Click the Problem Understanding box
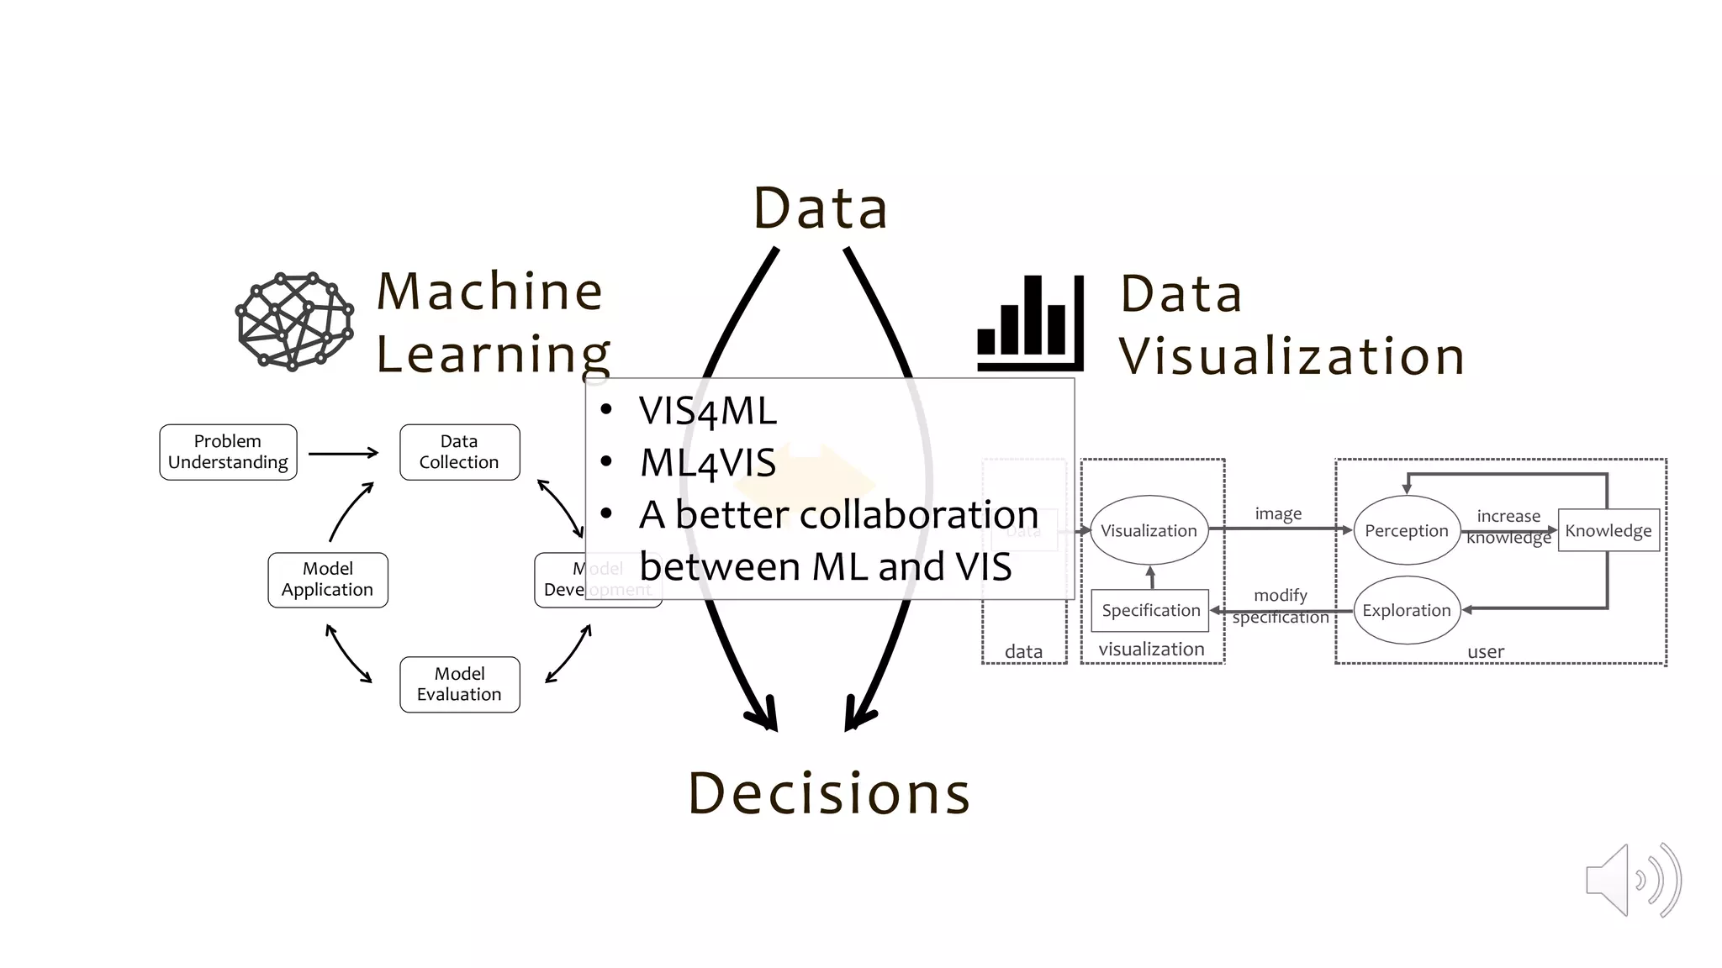pos(228,452)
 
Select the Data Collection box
pos(459,452)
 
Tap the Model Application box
pos(327,580)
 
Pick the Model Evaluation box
pos(459,684)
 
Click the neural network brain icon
pos(294,321)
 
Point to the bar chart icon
pos(1030,324)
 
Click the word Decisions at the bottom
pos(829,793)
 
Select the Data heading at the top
pos(821,208)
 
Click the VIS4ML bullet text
pos(707,412)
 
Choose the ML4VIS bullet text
pos(707,463)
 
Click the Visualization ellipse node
pos(1149,530)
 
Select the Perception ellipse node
pos(1406,530)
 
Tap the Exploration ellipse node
pos(1406,610)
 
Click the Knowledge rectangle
pos(1608,530)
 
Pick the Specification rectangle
pos(1150,610)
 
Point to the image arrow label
pos(1278,513)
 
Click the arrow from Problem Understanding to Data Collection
pos(343,453)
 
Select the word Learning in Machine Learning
pos(493,354)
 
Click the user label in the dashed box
pos(1485,651)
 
